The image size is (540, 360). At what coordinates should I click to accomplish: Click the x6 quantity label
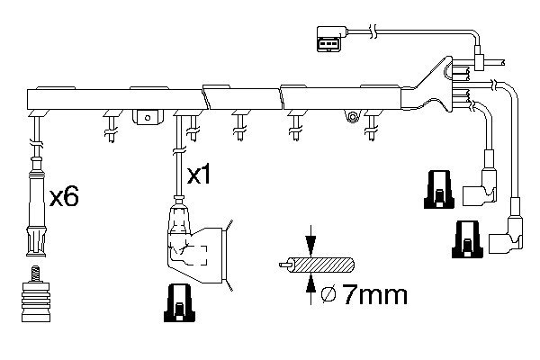[x=64, y=196]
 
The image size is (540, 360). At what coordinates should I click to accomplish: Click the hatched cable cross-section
[x=320, y=265]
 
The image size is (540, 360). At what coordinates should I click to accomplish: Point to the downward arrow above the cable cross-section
[x=311, y=241]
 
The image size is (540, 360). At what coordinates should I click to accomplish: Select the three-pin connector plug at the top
[x=331, y=39]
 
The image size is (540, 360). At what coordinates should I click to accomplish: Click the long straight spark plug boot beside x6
[x=36, y=207]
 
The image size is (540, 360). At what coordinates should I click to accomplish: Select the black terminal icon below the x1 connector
[x=179, y=303]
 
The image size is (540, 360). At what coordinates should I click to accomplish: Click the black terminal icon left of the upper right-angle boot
[x=439, y=189]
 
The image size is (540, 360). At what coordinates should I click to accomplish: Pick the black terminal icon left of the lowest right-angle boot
[x=467, y=239]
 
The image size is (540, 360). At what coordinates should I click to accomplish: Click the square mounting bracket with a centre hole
[x=148, y=118]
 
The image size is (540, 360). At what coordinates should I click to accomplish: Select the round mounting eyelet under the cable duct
[x=352, y=116]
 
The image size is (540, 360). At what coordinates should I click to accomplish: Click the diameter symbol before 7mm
[x=328, y=295]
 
